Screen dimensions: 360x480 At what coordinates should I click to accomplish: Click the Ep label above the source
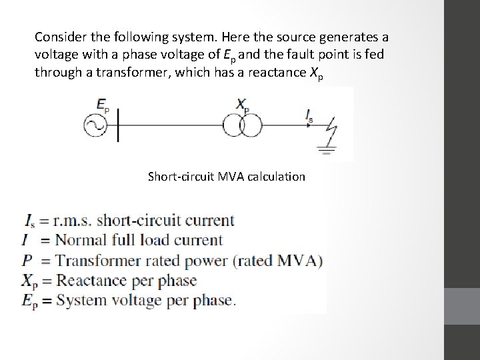click(x=103, y=105)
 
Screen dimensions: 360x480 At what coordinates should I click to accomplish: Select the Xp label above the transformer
click(x=243, y=104)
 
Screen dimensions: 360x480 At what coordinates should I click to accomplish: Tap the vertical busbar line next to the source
click(x=118, y=125)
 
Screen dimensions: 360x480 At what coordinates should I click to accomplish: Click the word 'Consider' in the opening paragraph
click(x=59, y=36)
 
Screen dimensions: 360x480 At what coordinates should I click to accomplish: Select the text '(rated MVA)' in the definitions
click(x=283, y=261)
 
